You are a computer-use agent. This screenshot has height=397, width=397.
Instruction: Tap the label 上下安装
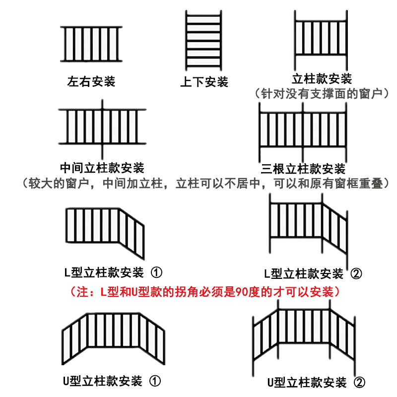[x=204, y=81]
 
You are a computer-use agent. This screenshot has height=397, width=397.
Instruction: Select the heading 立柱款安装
[x=322, y=79]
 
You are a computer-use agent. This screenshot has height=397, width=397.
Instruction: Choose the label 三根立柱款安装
[x=303, y=169]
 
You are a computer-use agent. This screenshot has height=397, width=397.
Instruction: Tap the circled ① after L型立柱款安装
[x=156, y=272]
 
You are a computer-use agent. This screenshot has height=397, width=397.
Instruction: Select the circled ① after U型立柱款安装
[x=155, y=381]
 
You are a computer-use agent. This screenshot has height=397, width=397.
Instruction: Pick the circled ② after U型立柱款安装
[x=359, y=383]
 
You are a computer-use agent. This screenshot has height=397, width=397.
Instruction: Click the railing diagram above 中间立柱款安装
[x=103, y=126]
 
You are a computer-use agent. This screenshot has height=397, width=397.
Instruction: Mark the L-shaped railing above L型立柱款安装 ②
[x=308, y=226]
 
